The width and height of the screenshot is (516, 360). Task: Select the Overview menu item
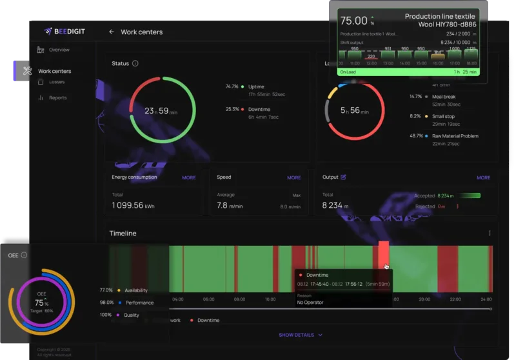[x=59, y=50]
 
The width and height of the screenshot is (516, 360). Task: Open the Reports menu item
[x=57, y=98]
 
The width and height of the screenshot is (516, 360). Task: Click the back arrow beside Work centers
[x=112, y=32]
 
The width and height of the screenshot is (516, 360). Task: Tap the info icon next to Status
[x=135, y=63]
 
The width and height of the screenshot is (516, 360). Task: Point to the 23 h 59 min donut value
[x=162, y=111]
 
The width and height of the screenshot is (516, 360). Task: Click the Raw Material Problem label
[x=455, y=136]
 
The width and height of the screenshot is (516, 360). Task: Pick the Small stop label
[x=446, y=116]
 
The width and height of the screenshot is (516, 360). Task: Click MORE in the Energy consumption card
[x=188, y=177]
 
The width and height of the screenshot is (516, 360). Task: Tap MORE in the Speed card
[x=293, y=177]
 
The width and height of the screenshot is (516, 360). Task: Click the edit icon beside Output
[x=343, y=177]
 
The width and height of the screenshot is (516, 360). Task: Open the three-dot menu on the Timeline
[x=490, y=233]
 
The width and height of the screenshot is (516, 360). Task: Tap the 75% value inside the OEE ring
[x=41, y=303]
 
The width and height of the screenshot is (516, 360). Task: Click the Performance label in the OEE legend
[x=139, y=303]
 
